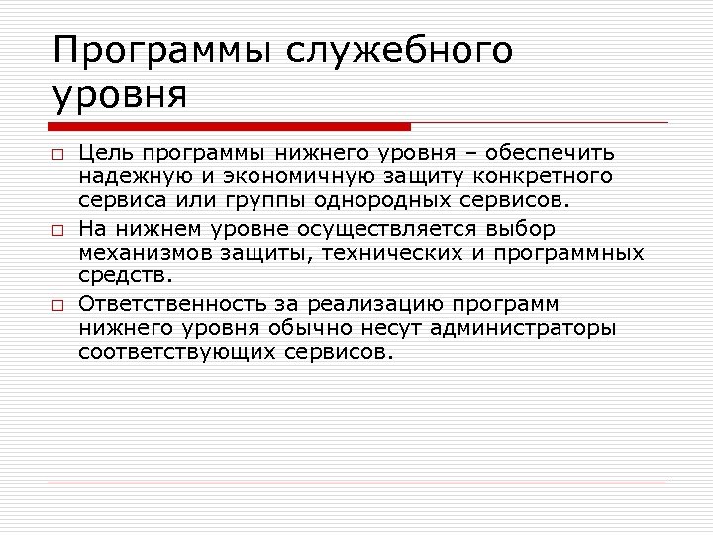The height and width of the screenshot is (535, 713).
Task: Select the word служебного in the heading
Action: coord(399,51)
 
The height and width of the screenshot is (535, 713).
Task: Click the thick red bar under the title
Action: coord(230,126)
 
